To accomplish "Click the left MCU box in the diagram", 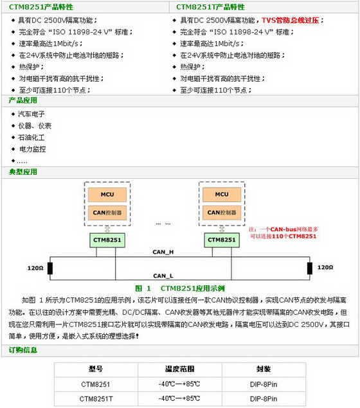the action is click(107, 195).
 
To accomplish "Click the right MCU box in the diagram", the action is click(222, 195).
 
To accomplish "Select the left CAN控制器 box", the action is click(107, 213).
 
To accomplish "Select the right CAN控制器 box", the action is click(222, 213).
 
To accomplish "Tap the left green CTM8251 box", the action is click(107, 240).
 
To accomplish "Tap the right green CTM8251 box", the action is click(222, 240).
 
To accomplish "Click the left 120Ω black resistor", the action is click(50, 269).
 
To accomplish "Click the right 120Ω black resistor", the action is click(310, 269).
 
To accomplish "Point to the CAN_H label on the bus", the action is click(163, 252).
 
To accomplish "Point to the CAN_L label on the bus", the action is click(163, 276).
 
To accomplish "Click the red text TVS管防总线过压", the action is click(290, 20).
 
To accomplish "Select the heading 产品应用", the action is click(23, 100).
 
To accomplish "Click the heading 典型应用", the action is click(23, 172).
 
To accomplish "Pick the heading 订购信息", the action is click(23, 350).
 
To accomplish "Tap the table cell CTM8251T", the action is click(96, 398).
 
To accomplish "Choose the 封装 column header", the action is click(264, 369).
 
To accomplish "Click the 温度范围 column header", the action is click(179, 369).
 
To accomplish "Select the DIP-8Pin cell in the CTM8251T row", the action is click(264, 398).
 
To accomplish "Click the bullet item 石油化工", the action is click(32, 137).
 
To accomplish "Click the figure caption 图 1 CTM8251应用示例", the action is click(180, 288).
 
